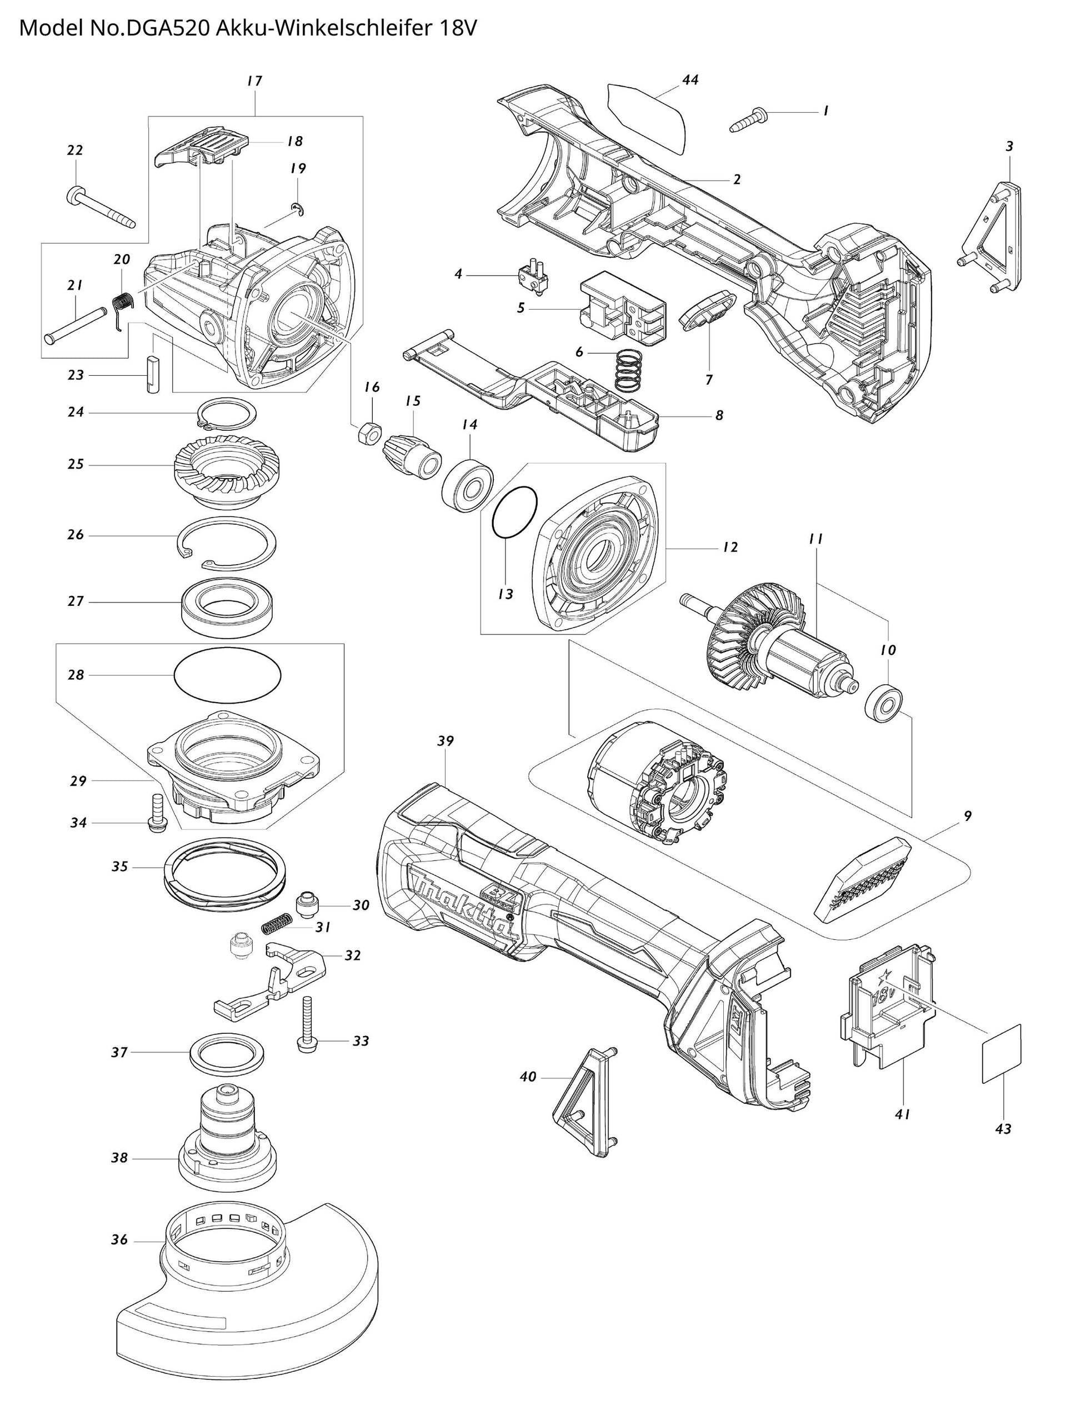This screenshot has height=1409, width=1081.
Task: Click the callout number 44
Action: tap(690, 81)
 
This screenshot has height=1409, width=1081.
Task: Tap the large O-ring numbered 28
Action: tap(227, 675)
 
